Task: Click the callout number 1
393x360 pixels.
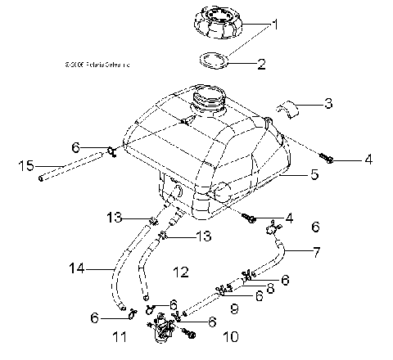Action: pos(276,25)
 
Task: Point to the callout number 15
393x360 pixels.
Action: pos(25,166)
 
